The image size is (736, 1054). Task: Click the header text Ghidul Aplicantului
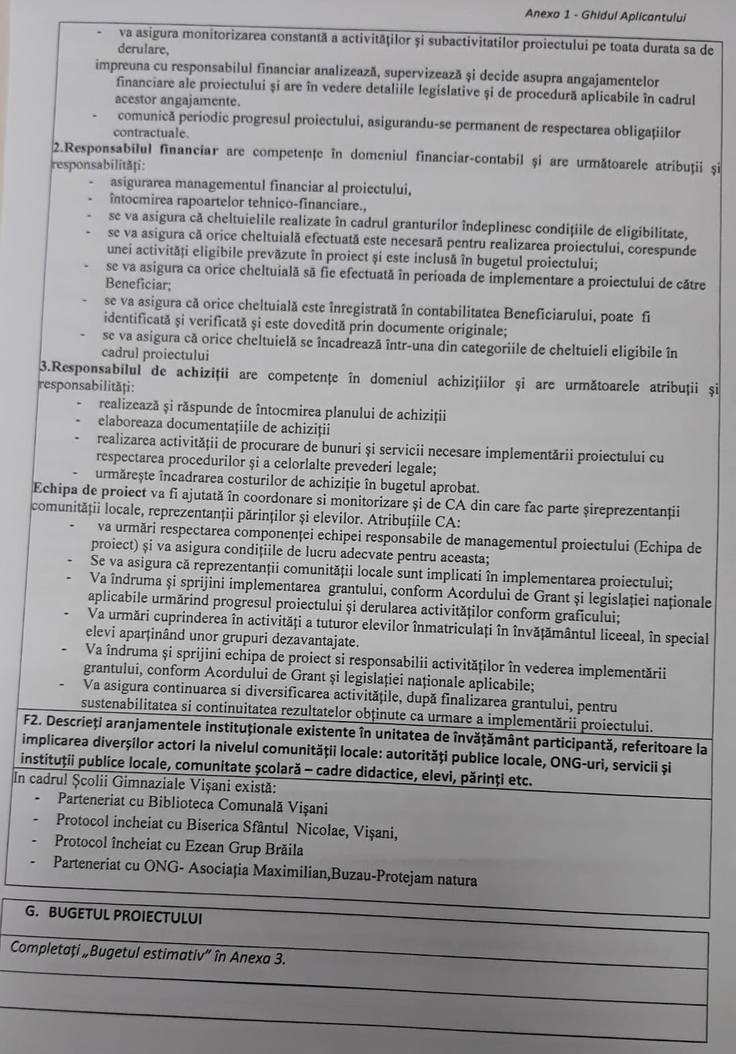(634, 16)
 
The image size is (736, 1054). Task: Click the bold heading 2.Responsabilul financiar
(135, 150)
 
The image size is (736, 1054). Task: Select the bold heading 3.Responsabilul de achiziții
(135, 371)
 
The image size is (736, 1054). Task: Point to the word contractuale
(150, 132)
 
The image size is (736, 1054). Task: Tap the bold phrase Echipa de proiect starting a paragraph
(89, 491)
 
